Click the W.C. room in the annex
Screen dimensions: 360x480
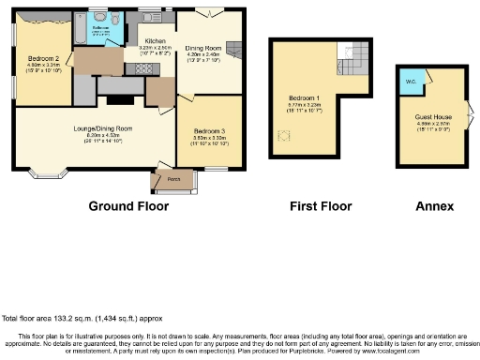410,80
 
